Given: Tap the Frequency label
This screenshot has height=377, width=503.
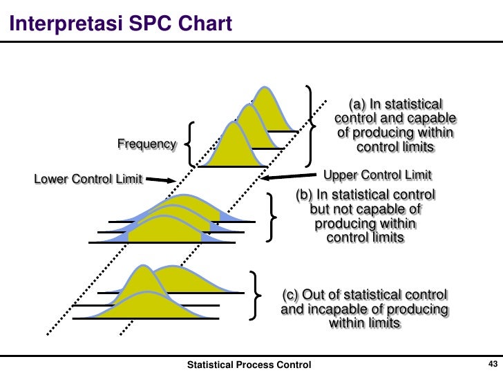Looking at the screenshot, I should point(146,144).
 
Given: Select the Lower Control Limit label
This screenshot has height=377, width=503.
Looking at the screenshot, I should point(88,180).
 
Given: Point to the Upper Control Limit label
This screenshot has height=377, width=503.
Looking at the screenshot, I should point(378,174).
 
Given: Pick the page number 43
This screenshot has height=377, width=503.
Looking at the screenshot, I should point(493,365).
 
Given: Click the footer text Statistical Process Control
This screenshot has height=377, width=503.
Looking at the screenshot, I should point(249,365).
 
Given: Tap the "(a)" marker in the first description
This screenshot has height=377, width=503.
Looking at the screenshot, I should point(357,104).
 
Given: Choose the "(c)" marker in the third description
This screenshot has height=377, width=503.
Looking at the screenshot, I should point(291,295).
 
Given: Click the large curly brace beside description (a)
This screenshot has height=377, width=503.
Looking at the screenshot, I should point(312,122).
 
